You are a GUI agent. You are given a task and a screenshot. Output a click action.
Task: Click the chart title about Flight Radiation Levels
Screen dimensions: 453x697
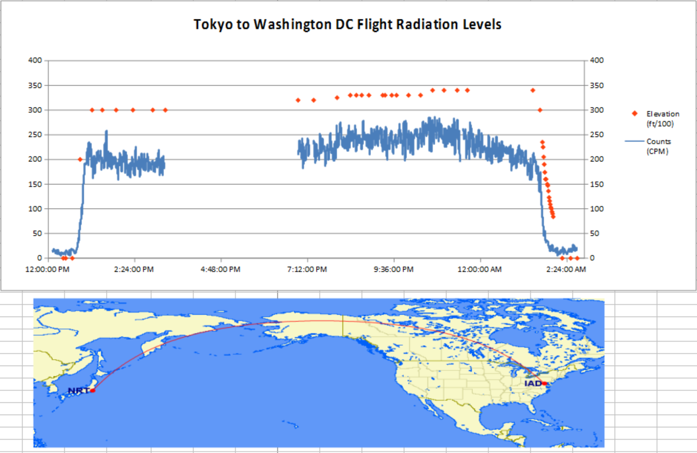coord(347,25)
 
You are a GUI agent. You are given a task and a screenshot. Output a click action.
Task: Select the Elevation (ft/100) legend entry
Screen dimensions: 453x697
coord(662,118)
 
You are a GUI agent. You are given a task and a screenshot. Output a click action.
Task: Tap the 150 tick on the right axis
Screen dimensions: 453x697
coord(596,184)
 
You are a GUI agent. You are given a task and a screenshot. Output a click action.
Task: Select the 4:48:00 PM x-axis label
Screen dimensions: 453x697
coord(221,268)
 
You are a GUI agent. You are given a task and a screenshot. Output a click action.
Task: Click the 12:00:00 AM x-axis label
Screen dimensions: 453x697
coord(479,268)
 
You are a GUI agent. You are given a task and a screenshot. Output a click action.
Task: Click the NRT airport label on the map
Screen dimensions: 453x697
coord(78,391)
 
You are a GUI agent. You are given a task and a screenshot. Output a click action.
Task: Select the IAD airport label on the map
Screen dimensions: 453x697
coord(533,383)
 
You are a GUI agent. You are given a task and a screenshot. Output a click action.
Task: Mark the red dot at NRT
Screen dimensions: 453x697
coord(92,391)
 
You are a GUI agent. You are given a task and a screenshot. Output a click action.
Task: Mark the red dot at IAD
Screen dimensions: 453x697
coord(545,383)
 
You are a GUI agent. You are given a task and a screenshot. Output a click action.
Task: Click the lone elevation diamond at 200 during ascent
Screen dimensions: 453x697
coord(80,159)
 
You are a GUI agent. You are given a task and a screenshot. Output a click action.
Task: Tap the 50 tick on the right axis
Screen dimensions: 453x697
coord(594,233)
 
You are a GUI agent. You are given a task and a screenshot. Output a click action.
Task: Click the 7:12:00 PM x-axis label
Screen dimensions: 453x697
coord(307,268)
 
